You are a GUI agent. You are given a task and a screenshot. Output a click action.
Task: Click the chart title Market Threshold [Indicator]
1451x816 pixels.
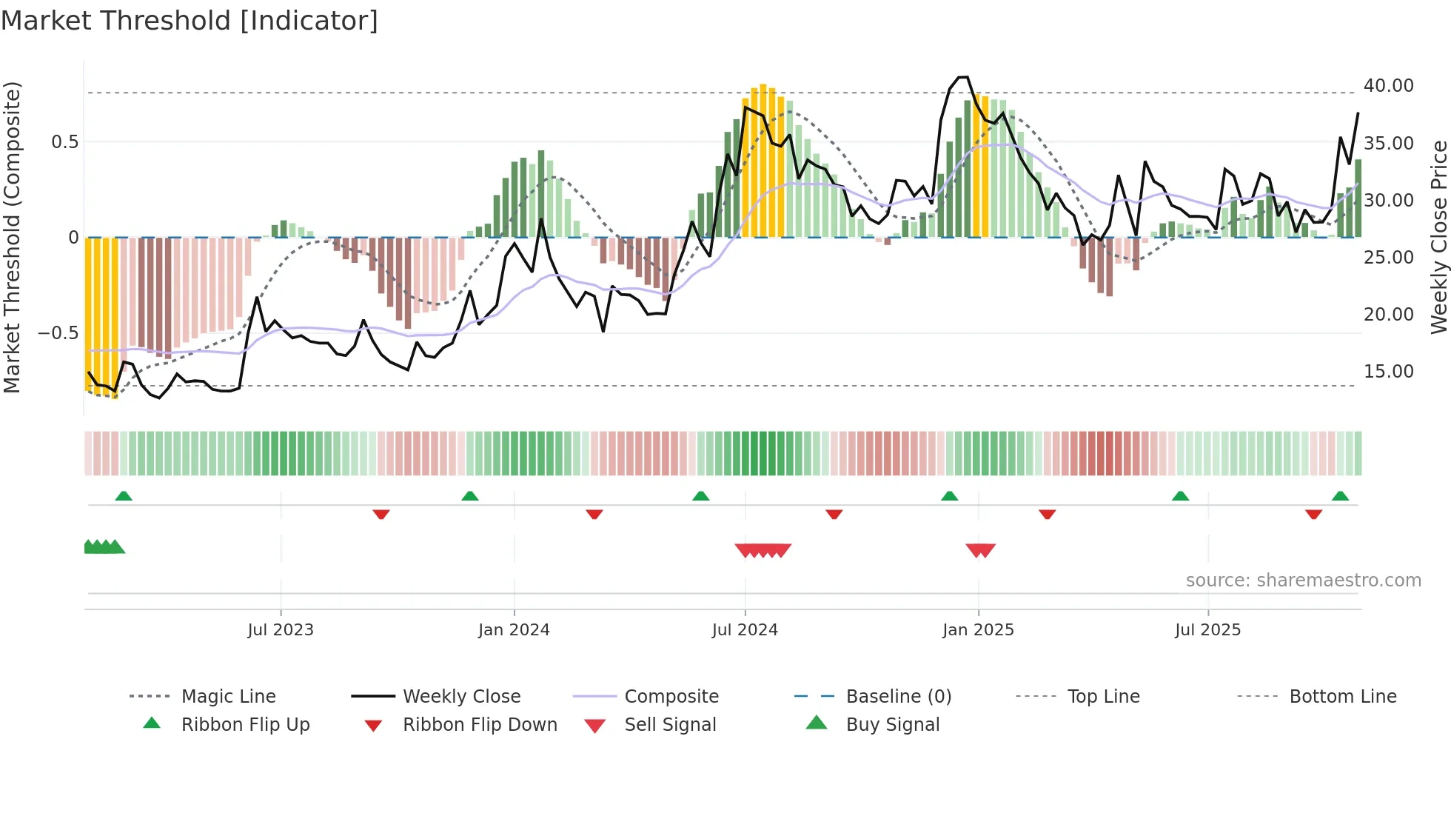pos(190,21)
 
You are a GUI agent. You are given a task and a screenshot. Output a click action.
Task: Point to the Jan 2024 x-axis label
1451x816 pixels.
pos(514,630)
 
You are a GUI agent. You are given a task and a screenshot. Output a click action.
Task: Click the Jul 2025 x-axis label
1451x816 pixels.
pos(1207,630)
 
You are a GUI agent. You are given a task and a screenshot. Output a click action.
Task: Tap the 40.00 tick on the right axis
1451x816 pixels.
pos(1388,86)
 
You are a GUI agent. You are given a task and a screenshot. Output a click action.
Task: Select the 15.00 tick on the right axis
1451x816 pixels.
pos(1388,372)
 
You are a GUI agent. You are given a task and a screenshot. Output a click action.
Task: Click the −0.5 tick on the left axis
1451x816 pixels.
pos(58,333)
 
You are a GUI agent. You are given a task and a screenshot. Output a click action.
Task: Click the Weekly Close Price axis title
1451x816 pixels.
pos(1438,237)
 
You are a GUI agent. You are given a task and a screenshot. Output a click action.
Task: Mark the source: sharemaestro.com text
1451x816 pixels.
pos(1303,581)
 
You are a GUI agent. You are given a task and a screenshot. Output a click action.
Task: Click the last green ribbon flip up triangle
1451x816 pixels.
pos(1340,496)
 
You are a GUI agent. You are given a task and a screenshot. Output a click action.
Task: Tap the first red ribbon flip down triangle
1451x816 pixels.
pos(381,514)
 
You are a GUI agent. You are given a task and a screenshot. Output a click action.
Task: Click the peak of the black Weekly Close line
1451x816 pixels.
pos(962,77)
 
